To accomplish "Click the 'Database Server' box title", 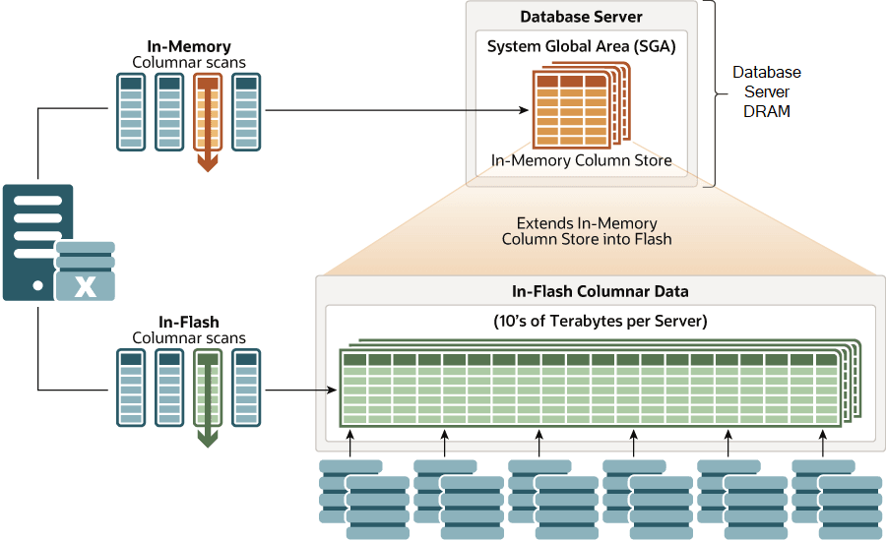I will coord(581,17).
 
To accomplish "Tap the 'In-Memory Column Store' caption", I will coord(581,160).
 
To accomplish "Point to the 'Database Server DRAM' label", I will coord(767,91).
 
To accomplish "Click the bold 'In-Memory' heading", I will coord(188,46).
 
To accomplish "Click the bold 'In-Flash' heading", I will coord(188,322).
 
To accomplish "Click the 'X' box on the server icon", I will coord(86,286).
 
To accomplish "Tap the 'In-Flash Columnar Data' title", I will coord(600,291).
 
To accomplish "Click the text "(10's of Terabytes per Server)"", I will coord(600,321).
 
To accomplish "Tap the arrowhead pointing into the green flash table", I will coord(331,391).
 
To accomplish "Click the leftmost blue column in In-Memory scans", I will coord(131,112).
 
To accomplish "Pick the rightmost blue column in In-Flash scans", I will coord(245,388).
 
